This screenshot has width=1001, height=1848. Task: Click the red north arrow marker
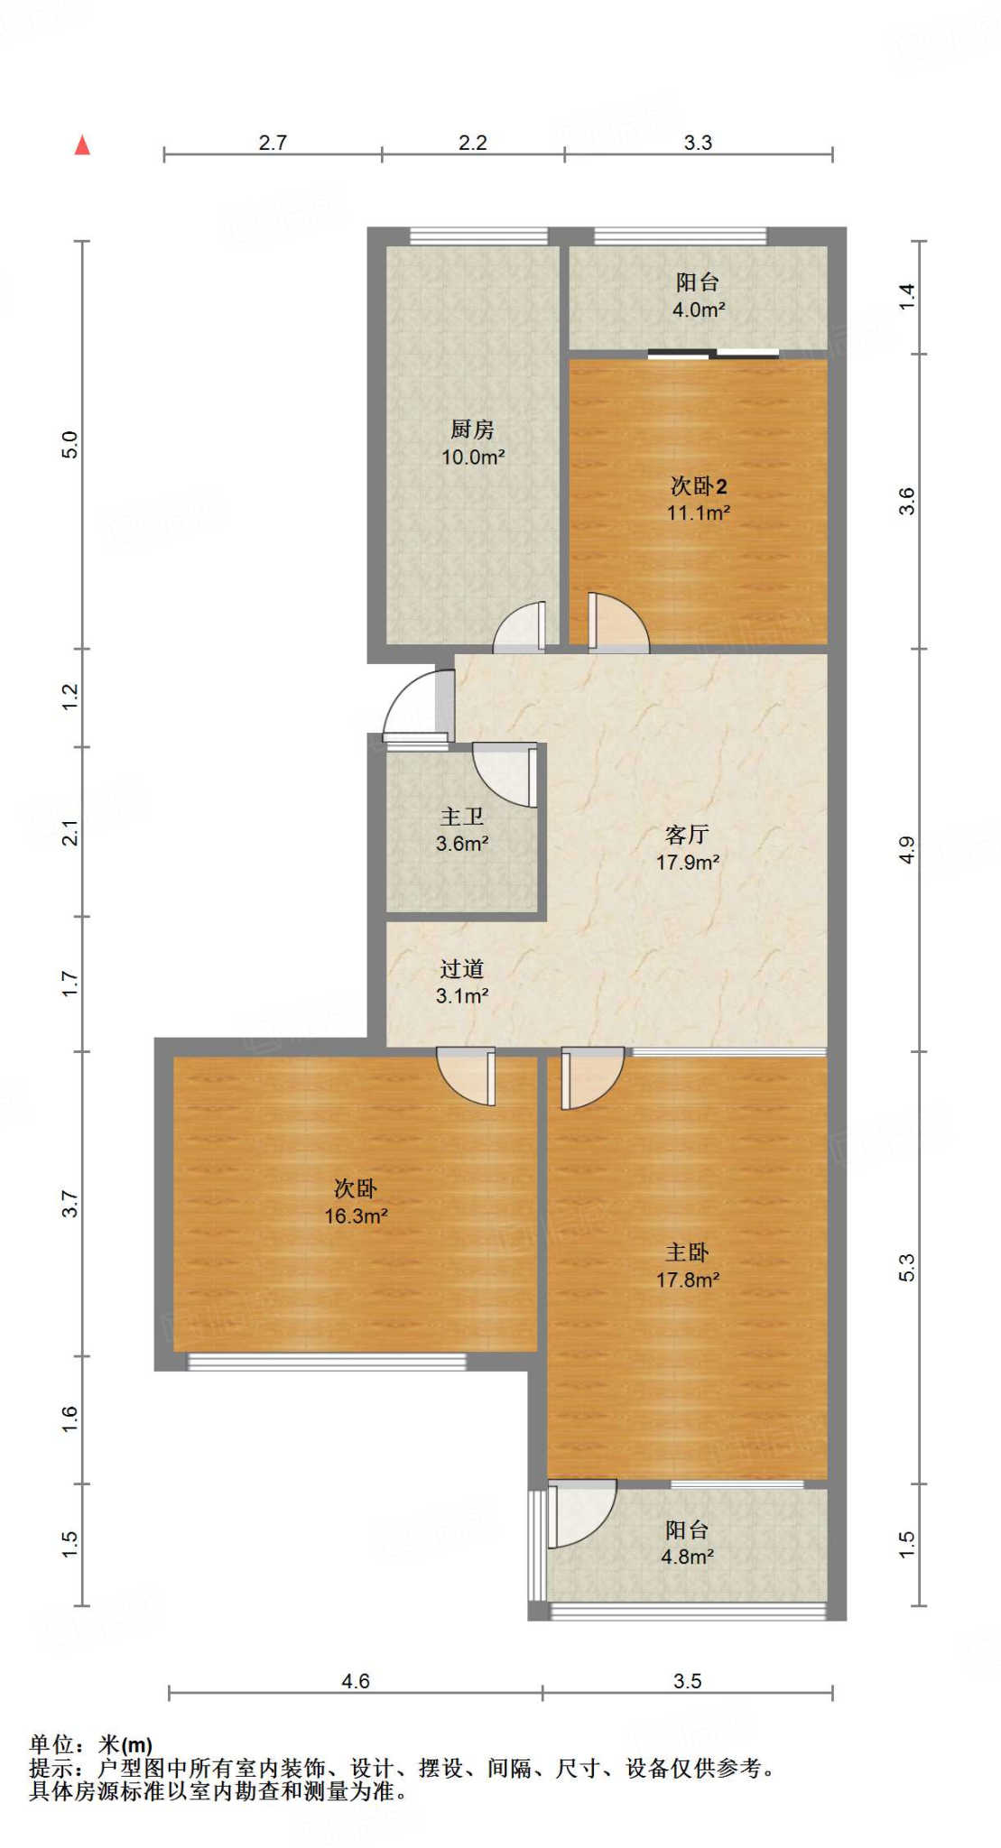tap(82, 145)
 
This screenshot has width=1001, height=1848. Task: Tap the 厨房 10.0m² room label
tap(472, 443)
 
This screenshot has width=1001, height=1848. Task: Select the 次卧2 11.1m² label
tap(698, 499)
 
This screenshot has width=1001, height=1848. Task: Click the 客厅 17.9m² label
tap(687, 848)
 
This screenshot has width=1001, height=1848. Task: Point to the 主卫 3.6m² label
tap(461, 830)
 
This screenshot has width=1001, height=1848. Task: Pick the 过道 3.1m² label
tap(461, 982)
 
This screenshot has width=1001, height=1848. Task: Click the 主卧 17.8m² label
tap(687, 1265)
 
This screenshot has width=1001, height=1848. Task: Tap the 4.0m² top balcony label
tap(698, 296)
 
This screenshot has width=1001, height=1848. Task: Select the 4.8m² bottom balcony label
tap(687, 1543)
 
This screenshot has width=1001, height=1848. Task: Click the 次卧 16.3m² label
tap(356, 1202)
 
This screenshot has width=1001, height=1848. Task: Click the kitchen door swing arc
tap(518, 629)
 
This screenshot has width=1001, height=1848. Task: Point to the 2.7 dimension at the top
tap(273, 143)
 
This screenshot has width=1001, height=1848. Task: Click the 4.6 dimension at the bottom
tap(356, 1681)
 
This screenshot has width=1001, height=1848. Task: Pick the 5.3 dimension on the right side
tap(907, 1267)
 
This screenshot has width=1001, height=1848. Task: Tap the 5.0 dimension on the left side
tap(70, 445)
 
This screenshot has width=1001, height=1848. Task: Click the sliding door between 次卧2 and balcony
tap(713, 354)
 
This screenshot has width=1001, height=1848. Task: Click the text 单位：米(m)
tap(91, 1745)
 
